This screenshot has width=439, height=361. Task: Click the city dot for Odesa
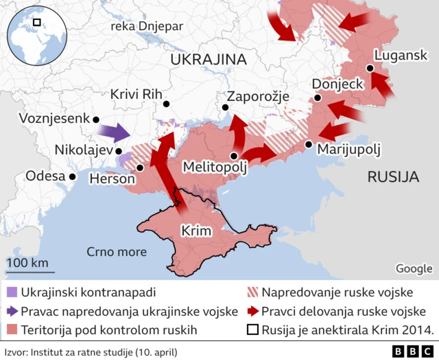click(x=72, y=176)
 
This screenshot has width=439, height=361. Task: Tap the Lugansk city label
click(x=401, y=56)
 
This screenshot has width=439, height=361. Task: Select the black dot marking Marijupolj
click(x=309, y=144)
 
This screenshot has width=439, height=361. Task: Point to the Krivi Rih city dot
click(x=166, y=104)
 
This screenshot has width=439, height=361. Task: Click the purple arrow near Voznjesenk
click(x=112, y=131)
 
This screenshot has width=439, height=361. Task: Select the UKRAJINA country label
click(x=208, y=60)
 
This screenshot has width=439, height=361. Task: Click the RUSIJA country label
click(x=393, y=177)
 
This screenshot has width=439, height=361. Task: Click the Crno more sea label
click(x=117, y=251)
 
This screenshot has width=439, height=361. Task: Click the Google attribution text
click(x=414, y=268)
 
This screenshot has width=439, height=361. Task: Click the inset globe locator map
click(x=36, y=32)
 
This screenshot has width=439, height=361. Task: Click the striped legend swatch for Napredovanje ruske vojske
click(x=252, y=292)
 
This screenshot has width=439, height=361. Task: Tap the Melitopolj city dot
click(x=234, y=156)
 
